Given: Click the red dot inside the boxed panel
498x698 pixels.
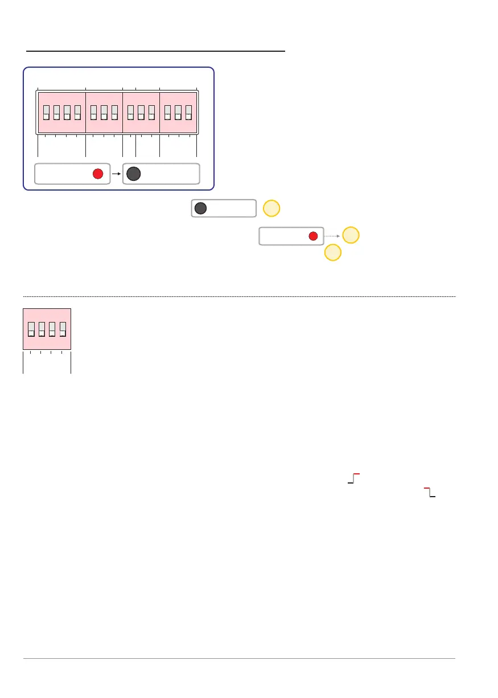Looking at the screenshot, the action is (97, 174).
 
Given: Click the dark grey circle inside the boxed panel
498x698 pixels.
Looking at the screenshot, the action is (133, 174).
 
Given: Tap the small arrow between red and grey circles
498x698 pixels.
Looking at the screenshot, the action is (116, 174).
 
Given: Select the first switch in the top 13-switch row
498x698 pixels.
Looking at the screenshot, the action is (47, 112).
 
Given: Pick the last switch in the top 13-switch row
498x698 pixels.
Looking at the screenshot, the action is (188, 112).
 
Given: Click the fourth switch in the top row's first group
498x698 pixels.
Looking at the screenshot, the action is (77, 112).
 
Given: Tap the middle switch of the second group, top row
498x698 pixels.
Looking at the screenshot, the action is (104, 112).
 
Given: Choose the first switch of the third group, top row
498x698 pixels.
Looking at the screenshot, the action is (130, 112).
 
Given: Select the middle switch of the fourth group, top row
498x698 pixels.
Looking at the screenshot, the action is (178, 112).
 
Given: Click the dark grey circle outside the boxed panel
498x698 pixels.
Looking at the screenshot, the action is (200, 208).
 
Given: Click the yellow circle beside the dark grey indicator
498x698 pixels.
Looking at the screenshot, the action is (272, 209).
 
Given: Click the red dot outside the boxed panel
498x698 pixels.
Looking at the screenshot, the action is (312, 236).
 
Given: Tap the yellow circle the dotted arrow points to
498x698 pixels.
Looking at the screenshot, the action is (352, 235).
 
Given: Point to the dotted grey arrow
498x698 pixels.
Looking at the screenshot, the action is (333, 235).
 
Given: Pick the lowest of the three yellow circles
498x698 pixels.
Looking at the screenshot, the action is (333, 253).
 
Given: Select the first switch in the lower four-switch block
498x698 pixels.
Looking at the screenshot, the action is (32, 329).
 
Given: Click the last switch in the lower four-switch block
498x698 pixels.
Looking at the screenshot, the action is (63, 329).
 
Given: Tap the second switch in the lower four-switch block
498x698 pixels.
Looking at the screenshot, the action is (42, 329).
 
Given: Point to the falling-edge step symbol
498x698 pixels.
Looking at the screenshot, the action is (430, 492).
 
